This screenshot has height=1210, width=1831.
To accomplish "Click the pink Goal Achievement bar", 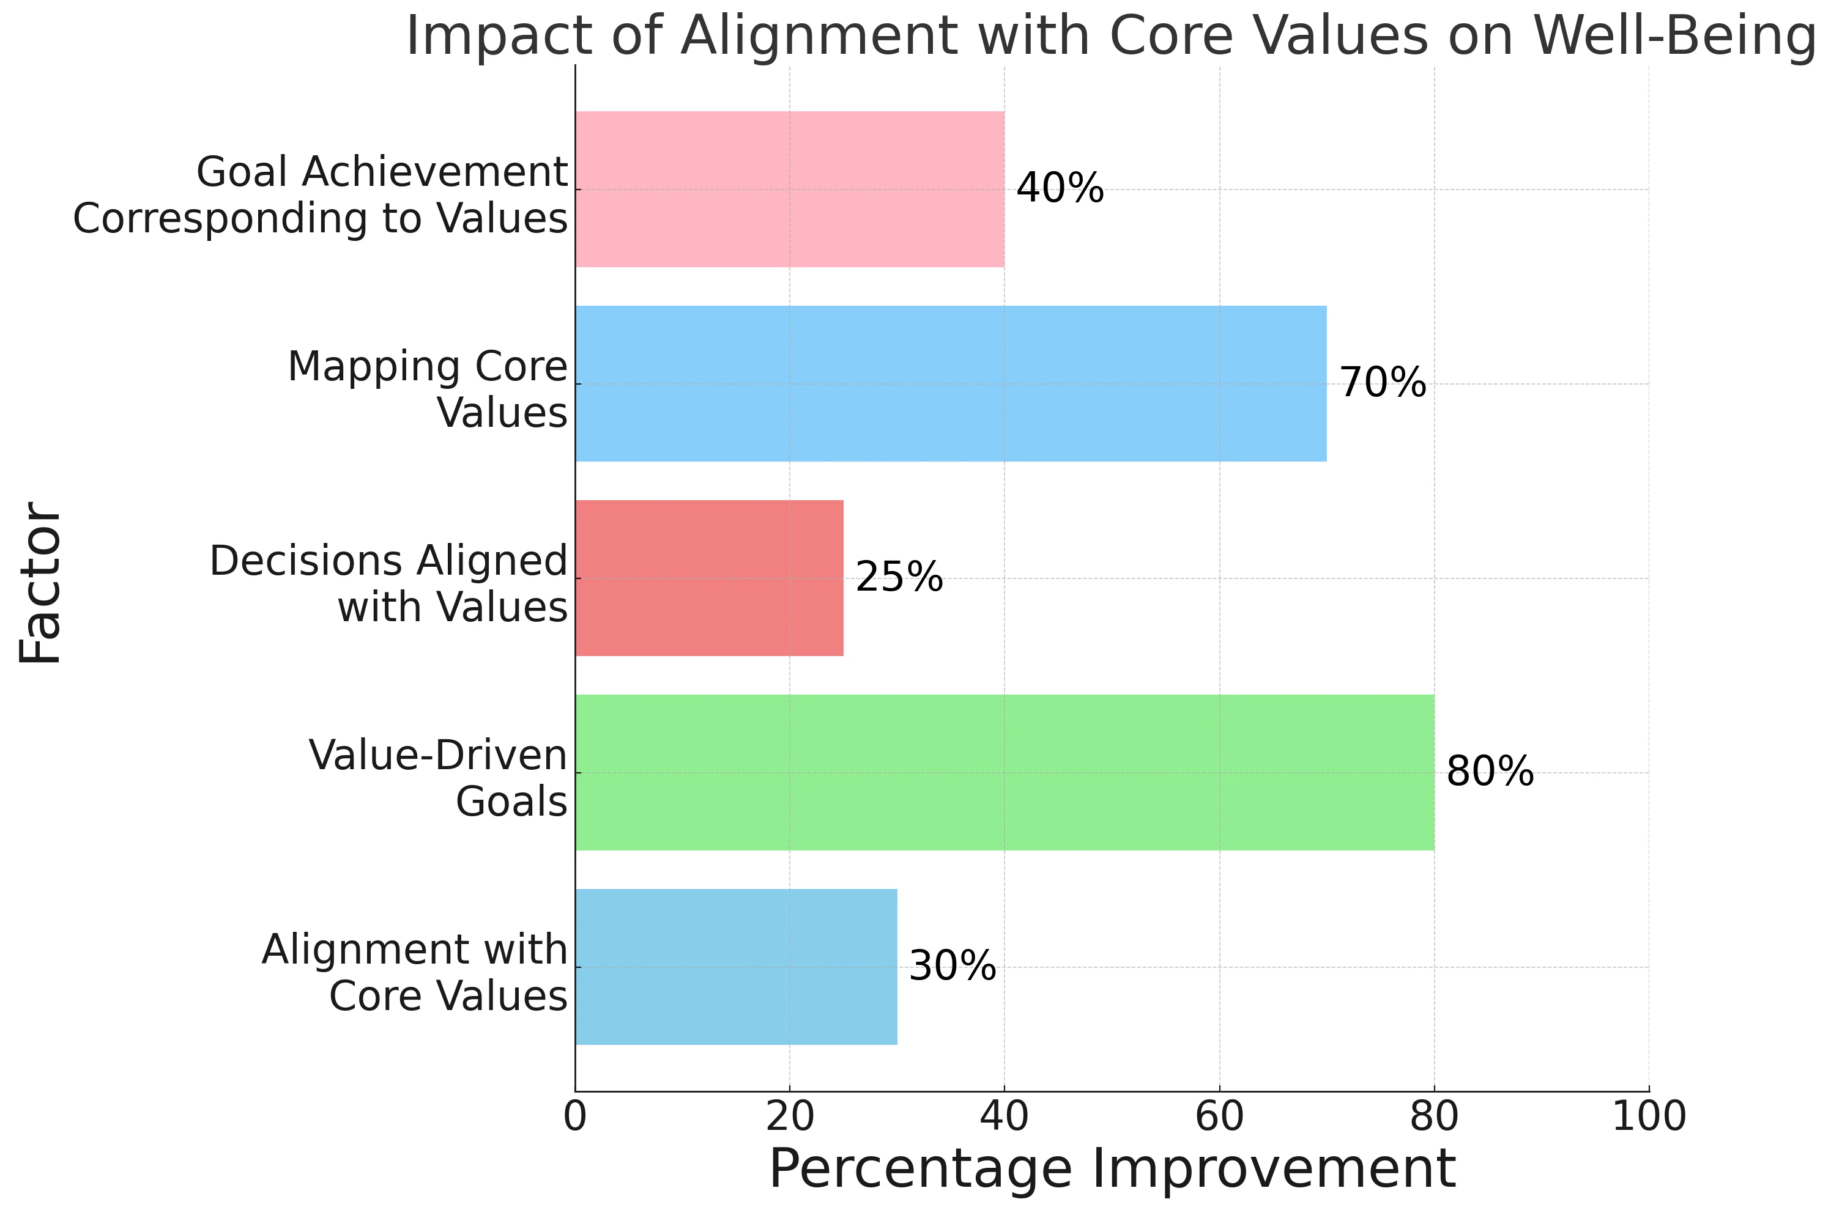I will (x=789, y=189).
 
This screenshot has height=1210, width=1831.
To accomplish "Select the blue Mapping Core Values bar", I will (x=950, y=383).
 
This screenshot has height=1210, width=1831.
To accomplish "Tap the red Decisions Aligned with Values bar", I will (x=708, y=578).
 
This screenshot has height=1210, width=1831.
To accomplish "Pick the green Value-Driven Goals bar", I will (x=1003, y=772).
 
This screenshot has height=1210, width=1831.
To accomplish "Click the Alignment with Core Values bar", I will (x=735, y=967).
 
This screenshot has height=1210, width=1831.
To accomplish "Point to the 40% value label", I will (x=1059, y=188).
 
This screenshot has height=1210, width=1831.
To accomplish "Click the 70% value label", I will (x=1382, y=383).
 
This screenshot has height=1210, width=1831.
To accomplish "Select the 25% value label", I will (x=899, y=577).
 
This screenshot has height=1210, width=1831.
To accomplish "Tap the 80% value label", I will (x=1489, y=772).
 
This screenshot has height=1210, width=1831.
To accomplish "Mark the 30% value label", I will (x=952, y=966).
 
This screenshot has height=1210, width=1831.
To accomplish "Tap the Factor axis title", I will (x=40, y=583).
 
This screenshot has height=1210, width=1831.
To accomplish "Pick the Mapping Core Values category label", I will (x=427, y=389).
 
